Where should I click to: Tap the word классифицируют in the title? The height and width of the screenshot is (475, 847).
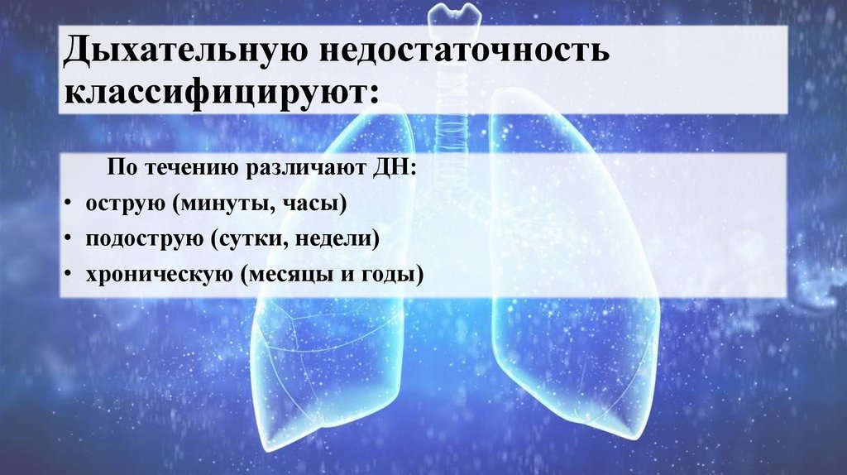218,91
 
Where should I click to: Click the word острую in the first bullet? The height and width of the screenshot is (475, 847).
113,204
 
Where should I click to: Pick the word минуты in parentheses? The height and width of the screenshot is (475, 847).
210,204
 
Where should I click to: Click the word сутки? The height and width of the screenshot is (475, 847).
243,239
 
